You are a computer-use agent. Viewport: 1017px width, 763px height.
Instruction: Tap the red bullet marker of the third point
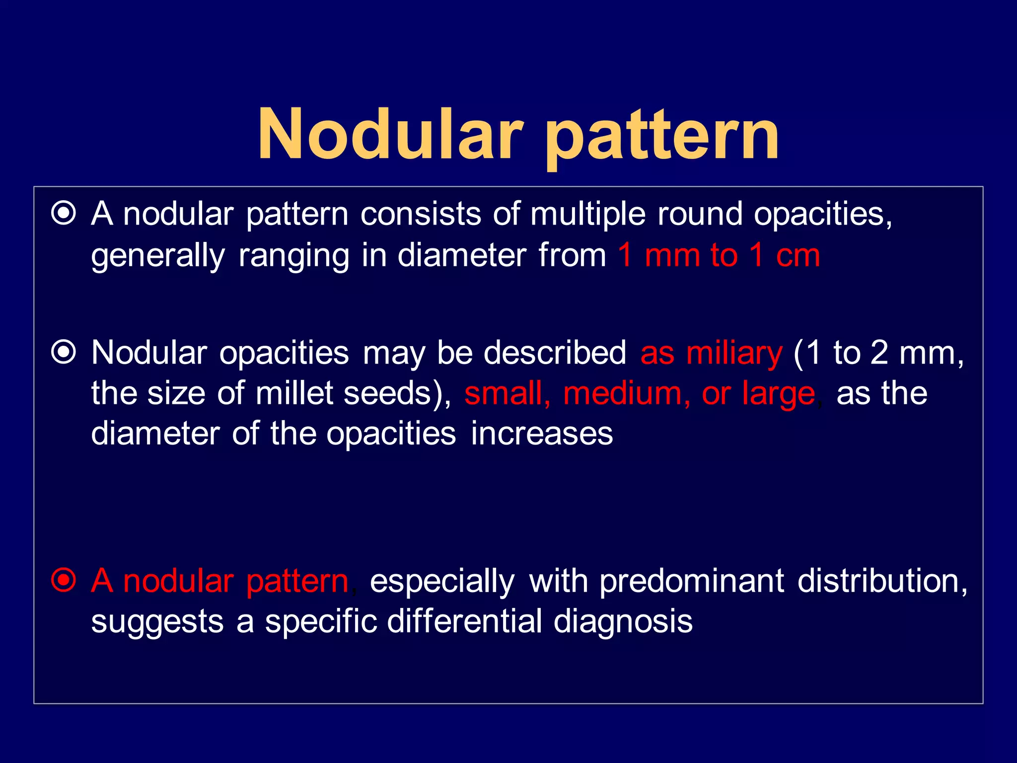point(64,580)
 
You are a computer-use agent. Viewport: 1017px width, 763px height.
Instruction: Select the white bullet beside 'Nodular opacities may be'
point(64,353)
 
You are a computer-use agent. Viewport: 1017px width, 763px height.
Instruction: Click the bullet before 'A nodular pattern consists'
point(64,214)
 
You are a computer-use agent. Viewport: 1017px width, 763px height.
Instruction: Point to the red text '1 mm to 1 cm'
point(719,255)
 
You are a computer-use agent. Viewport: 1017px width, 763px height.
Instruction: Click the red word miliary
point(734,354)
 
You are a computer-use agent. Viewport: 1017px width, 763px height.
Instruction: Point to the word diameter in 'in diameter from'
point(462,255)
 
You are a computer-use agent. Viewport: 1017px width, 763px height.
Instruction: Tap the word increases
point(542,434)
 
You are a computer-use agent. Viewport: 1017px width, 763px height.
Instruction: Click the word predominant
point(692,581)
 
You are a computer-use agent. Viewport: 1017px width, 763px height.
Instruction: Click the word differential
point(464,621)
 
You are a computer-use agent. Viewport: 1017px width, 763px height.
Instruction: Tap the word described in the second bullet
point(555,353)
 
